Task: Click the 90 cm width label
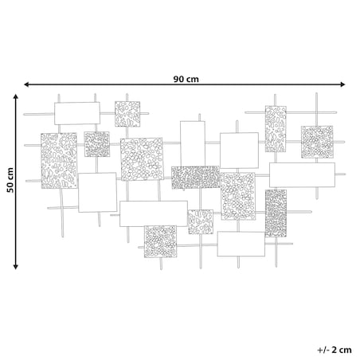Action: (x=186, y=79)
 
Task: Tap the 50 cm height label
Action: (x=10, y=180)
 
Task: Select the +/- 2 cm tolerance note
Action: (x=335, y=350)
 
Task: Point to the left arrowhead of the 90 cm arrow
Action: (x=26, y=84)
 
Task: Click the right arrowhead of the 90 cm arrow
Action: (x=342, y=84)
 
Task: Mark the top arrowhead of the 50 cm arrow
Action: (x=16, y=96)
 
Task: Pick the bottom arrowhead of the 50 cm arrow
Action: (x=16, y=267)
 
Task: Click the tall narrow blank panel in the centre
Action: (x=193, y=143)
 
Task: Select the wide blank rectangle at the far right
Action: (x=302, y=175)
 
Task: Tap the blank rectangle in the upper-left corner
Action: (x=77, y=113)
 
